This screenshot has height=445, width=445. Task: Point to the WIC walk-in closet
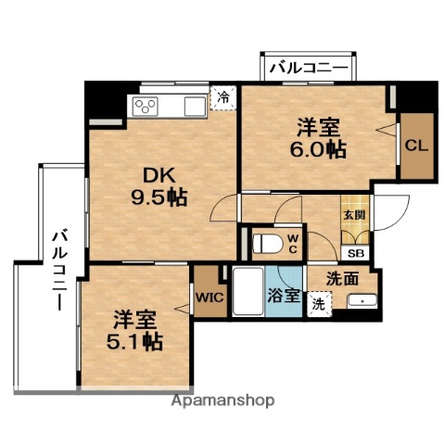click(x=207, y=298)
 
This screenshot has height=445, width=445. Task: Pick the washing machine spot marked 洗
click(x=318, y=302)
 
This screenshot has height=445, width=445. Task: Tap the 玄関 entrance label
click(x=354, y=214)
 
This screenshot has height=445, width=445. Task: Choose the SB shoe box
click(x=355, y=251)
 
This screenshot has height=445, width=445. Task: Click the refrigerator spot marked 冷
click(x=222, y=95)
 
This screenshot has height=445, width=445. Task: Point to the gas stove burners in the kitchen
click(x=148, y=105)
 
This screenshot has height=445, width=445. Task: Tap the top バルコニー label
click(x=308, y=69)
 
